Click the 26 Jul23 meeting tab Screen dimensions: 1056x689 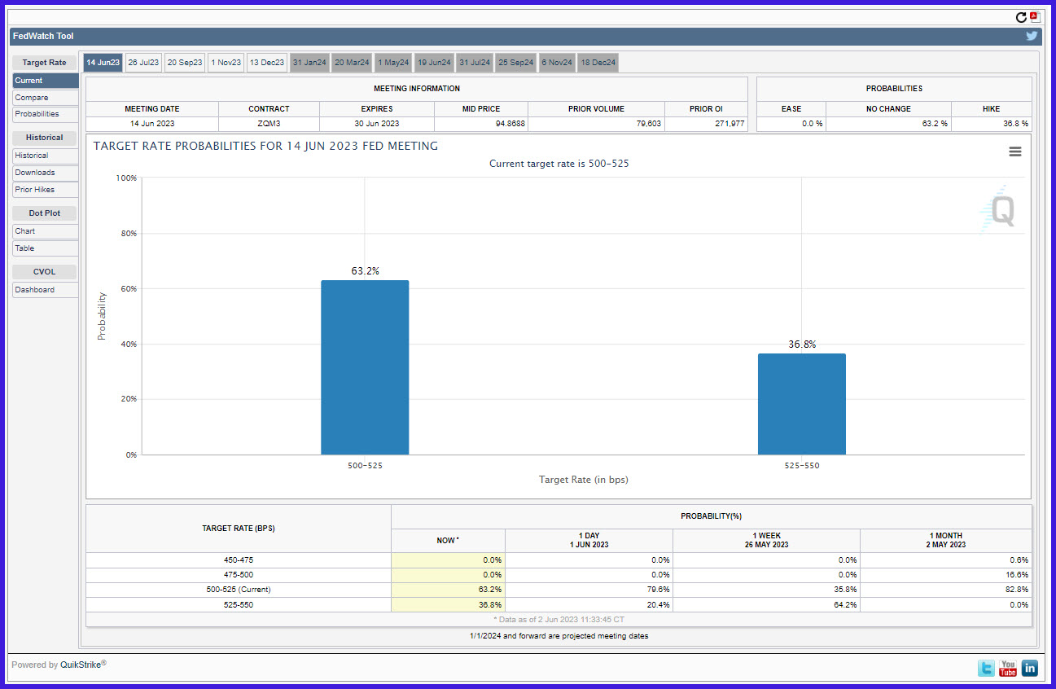coord(143,63)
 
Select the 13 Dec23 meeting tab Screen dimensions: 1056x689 coord(267,63)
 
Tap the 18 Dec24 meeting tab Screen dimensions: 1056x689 coord(598,63)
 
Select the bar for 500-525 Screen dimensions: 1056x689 coord(365,367)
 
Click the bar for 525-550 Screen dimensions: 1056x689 coord(801,404)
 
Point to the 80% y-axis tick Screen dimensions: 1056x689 coord(129,234)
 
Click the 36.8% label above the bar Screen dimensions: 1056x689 coord(802,344)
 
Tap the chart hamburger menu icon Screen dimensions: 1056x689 coord(1015,151)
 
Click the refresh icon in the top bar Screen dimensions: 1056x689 coord(1021,17)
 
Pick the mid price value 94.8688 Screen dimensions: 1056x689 coord(510,124)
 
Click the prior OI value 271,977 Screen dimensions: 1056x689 coord(730,124)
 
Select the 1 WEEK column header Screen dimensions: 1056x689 coord(766,540)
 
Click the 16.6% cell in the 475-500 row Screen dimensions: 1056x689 coord(1017,575)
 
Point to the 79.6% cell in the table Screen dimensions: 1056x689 coord(658,590)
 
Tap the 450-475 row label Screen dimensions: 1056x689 coord(239,560)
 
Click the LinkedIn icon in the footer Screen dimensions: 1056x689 coord(1030,669)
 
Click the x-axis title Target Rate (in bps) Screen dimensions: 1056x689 coord(583,480)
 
